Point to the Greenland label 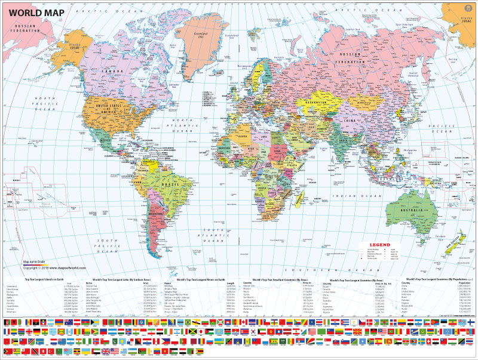(203, 34)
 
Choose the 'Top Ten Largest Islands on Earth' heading (48, 278)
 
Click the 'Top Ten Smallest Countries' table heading (279, 278)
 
